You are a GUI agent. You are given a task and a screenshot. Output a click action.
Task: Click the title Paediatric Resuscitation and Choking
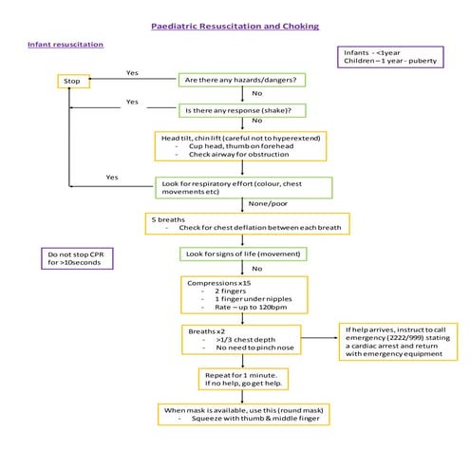pos(235,27)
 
